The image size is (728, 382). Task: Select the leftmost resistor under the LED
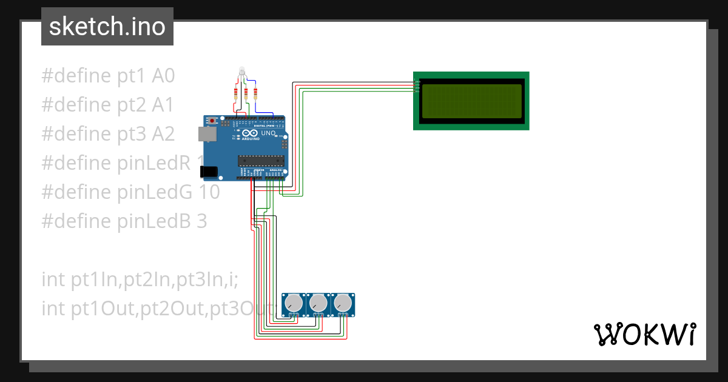point(236,93)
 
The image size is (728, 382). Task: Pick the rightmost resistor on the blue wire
point(255,93)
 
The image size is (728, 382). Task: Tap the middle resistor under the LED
point(246,93)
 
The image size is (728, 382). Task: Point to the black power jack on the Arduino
point(209,172)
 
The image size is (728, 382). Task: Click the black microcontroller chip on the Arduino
point(261,161)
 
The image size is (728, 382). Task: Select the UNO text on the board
point(268,133)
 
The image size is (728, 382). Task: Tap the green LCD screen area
point(471,101)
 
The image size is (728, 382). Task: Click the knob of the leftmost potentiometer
point(294,303)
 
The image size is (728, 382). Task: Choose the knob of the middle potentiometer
point(318,303)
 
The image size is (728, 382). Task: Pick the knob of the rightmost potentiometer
point(343,303)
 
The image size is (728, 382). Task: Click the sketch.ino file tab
point(107,27)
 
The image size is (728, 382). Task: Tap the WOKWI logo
point(644,334)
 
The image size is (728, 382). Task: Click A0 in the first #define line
point(163,76)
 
